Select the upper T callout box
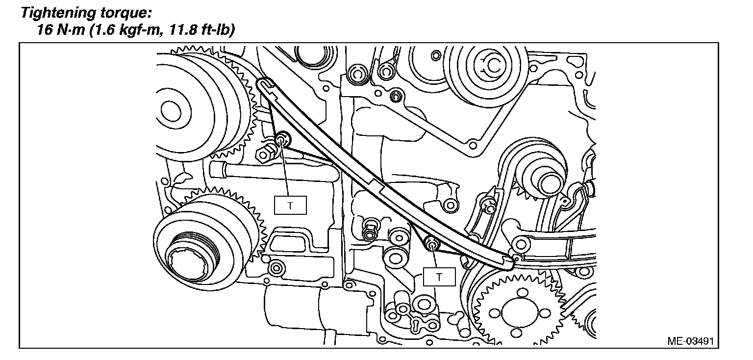(x=290, y=206)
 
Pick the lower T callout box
(x=439, y=277)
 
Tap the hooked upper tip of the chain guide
(x=264, y=84)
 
